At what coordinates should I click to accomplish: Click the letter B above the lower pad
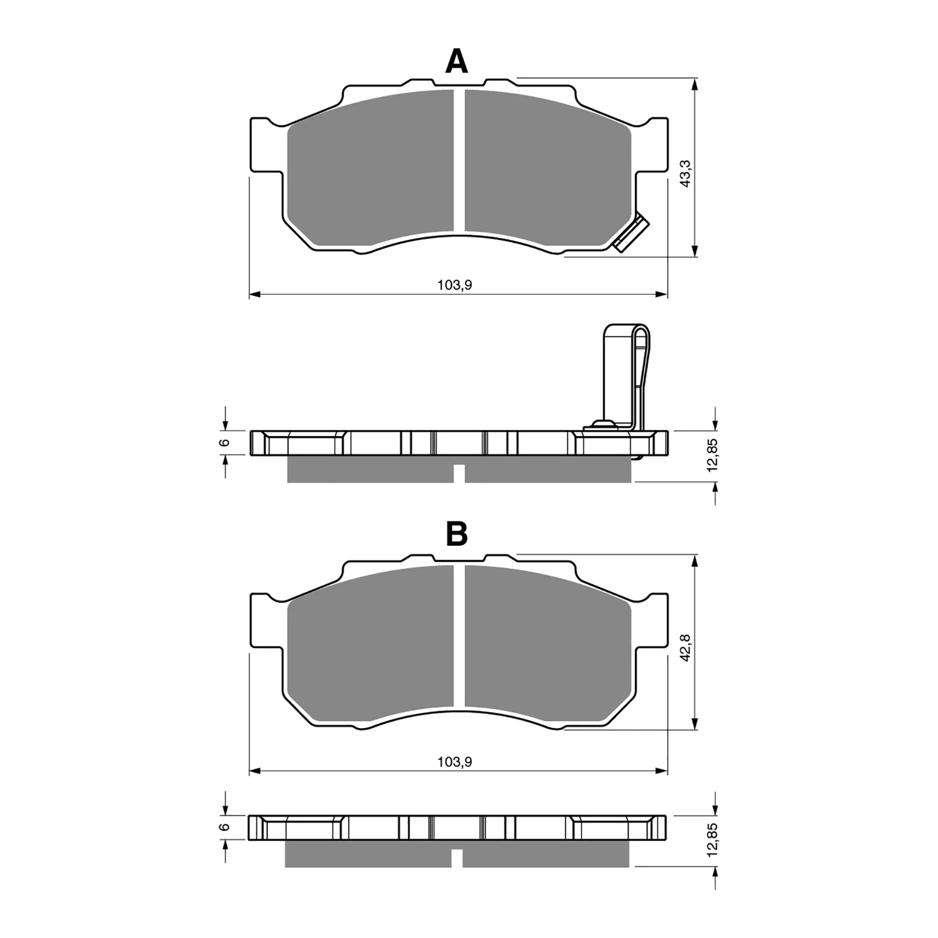coord(457,533)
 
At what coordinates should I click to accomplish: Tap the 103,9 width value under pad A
coord(454,286)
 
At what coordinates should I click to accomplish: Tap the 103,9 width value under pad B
coord(454,762)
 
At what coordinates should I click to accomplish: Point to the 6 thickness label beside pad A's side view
coord(224,443)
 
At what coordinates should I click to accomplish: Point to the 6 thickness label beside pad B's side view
coord(224,827)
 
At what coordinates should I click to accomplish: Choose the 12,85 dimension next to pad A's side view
coord(712,455)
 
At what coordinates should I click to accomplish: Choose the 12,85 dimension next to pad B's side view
coord(712,840)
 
